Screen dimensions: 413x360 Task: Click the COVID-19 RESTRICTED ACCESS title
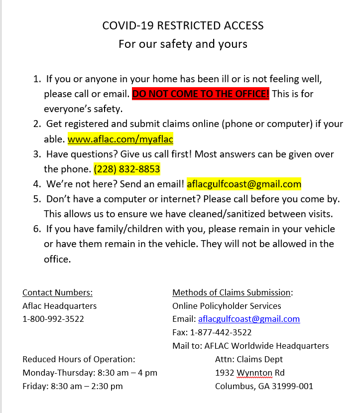pos(183,25)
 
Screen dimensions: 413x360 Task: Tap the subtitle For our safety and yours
pos(183,44)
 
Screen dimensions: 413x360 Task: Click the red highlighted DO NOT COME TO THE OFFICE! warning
pos(201,94)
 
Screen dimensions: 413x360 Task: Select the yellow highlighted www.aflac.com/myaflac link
pos(120,139)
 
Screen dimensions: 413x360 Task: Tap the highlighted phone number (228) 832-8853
pos(126,169)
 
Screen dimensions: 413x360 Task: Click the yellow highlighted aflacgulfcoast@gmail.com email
pos(244,184)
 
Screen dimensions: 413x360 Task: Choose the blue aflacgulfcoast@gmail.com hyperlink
pos(249,319)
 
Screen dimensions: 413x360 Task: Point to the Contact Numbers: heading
pos(57,292)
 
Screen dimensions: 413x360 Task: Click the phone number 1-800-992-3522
pos(53,319)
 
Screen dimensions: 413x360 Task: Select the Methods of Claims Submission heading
pos(232,292)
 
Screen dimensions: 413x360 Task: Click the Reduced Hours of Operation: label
pos(79,359)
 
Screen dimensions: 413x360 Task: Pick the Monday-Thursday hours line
pos(90,373)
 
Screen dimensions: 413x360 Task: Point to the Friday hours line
pos(73,386)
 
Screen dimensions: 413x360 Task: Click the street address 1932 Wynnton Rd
pos(249,373)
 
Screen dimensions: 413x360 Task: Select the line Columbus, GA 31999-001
pos(264,386)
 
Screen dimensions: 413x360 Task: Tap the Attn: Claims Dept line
pos(248,359)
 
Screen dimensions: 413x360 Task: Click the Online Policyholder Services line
pos(227,306)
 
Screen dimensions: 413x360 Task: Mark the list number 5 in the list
pos(36,199)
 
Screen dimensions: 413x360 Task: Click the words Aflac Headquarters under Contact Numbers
pos(59,306)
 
